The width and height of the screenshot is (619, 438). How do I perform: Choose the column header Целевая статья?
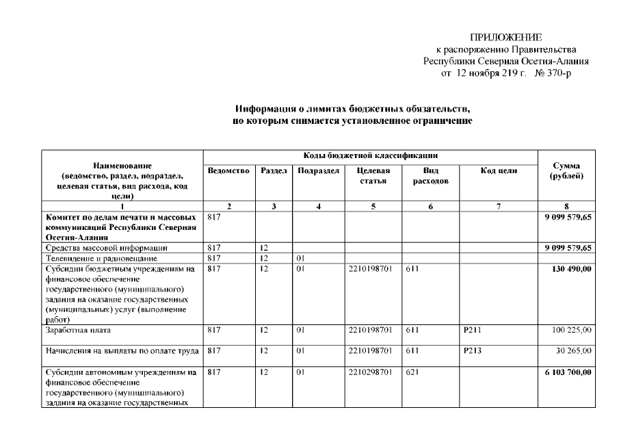[373, 175]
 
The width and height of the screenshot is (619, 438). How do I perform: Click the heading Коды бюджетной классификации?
[371, 155]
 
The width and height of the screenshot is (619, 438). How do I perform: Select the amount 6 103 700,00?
[566, 372]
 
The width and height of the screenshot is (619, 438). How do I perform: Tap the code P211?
[472, 330]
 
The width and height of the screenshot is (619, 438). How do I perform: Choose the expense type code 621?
[412, 372]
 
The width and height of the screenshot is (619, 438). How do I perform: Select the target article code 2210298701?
[369, 372]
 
